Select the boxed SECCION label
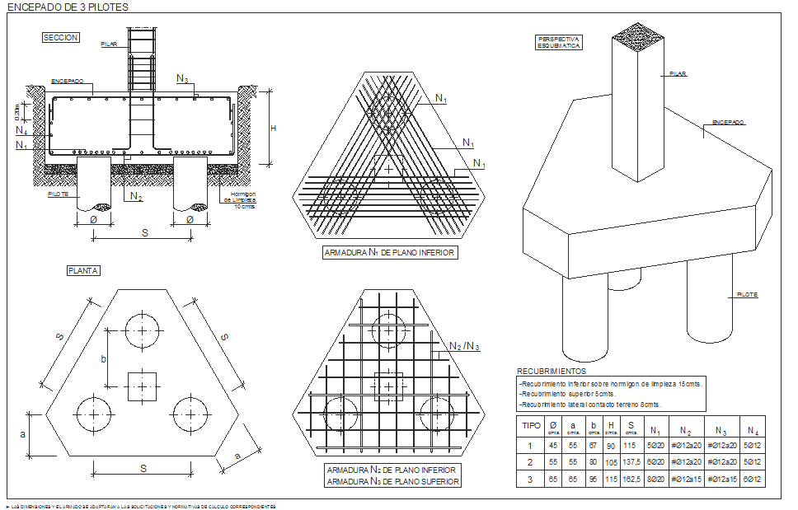(x=60, y=38)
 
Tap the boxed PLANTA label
(x=83, y=270)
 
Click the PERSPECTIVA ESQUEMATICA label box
(x=560, y=42)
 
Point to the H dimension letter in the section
(x=273, y=128)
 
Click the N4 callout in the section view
(x=21, y=130)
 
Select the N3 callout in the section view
(x=182, y=78)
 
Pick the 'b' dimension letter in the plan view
(x=104, y=358)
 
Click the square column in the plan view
(x=143, y=386)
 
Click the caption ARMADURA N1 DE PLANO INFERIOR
(x=389, y=253)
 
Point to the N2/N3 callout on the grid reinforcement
(x=464, y=345)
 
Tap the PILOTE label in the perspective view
(x=747, y=294)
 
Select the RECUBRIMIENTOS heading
(x=552, y=372)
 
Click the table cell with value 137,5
(x=631, y=463)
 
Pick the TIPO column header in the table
(x=532, y=427)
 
